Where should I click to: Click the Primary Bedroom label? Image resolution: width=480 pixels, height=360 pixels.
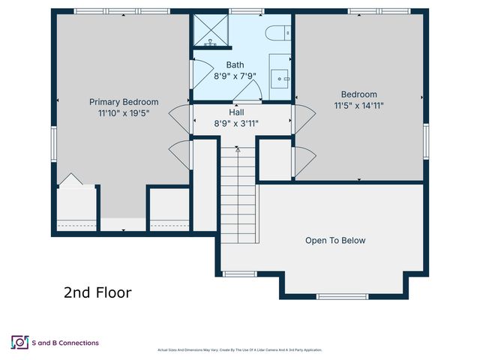tap(124, 102)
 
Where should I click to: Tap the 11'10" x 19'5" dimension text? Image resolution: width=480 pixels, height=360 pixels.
tap(124, 113)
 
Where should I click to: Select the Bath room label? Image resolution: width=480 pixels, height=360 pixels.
tap(235, 65)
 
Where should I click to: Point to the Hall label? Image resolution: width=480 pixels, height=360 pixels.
tap(236, 112)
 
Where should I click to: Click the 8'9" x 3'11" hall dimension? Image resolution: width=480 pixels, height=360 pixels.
tap(236, 123)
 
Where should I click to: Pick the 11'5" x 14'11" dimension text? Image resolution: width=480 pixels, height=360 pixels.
tap(358, 106)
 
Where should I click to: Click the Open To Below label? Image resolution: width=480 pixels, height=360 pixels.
tap(335, 241)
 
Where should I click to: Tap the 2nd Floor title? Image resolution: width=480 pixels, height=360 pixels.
tap(97, 292)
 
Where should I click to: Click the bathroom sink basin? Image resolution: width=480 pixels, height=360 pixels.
tap(280, 76)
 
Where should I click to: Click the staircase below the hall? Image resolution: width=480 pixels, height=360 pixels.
tap(238, 195)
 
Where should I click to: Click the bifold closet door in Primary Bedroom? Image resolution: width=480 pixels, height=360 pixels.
tap(69, 180)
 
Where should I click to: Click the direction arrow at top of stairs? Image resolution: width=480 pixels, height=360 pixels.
tap(238, 150)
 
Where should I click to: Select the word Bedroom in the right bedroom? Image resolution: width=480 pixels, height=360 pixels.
tap(358, 94)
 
